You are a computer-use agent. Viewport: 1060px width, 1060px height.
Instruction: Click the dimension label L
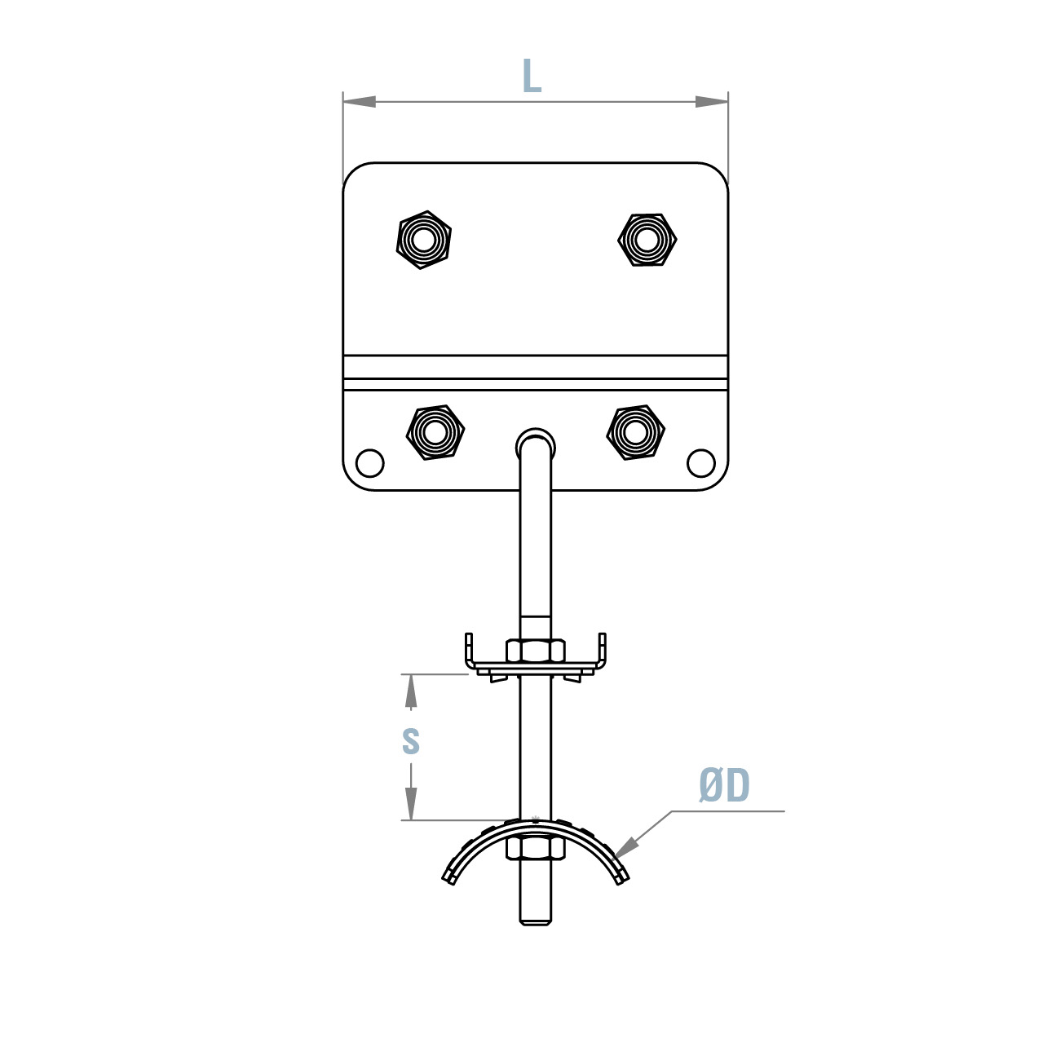click(532, 77)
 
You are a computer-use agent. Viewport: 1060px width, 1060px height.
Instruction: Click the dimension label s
click(411, 740)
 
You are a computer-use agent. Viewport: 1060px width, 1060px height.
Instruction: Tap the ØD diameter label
click(724, 786)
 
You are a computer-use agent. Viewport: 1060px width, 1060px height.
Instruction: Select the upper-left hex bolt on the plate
click(423, 240)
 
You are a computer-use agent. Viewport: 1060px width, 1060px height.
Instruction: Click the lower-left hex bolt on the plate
click(435, 432)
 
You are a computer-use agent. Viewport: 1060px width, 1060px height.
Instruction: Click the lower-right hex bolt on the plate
click(636, 432)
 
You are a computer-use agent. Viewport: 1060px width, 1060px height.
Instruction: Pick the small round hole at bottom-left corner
click(370, 462)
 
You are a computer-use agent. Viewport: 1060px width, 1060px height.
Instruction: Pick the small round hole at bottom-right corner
click(701, 462)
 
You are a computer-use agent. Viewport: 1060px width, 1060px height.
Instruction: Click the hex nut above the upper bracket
click(536, 651)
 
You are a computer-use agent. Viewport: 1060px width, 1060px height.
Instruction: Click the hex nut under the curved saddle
click(536, 848)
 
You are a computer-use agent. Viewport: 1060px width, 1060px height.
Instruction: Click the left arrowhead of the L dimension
click(360, 102)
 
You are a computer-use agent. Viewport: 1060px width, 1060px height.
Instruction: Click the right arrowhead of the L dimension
click(711, 102)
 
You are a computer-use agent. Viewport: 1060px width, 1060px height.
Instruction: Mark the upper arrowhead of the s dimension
click(412, 691)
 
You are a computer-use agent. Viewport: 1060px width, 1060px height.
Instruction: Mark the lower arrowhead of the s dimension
click(412, 804)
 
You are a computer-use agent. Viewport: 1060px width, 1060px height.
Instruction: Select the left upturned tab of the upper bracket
click(469, 648)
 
